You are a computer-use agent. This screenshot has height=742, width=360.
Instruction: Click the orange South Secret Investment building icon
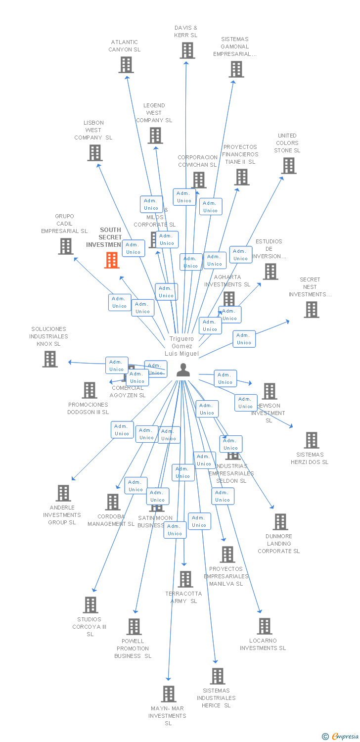click(x=112, y=260)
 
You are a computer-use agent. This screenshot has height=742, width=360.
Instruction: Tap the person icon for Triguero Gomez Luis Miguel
click(x=183, y=370)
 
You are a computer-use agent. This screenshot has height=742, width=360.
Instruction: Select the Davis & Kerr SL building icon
click(x=187, y=50)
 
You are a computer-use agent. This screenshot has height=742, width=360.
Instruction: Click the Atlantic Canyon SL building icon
click(x=126, y=65)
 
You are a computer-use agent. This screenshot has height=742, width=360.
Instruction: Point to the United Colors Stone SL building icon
click(x=288, y=166)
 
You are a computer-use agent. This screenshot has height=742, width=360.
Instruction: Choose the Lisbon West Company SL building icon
click(x=94, y=153)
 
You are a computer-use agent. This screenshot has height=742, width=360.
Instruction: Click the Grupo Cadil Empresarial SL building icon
click(x=65, y=246)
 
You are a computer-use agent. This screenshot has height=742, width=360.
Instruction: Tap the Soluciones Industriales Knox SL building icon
click(x=49, y=359)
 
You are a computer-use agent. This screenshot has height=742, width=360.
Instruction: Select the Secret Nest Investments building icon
click(x=311, y=310)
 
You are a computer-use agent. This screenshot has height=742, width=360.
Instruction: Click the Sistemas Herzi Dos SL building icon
click(x=311, y=440)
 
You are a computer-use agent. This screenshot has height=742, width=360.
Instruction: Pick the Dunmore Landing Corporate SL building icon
click(x=280, y=521)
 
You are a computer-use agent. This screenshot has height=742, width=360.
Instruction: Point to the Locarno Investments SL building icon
click(x=265, y=626)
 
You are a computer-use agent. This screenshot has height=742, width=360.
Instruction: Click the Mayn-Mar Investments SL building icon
click(x=169, y=694)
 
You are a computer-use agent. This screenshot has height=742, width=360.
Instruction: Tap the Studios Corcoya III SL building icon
click(x=90, y=604)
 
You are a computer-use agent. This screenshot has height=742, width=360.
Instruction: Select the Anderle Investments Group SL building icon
click(x=63, y=493)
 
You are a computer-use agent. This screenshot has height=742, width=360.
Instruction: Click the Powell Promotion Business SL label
click(x=133, y=649)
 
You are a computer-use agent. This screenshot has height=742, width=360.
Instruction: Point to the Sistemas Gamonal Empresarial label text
click(x=235, y=46)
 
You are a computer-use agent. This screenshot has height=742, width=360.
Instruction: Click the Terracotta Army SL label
click(x=183, y=597)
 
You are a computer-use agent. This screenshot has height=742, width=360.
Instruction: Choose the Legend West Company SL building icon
click(x=155, y=135)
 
